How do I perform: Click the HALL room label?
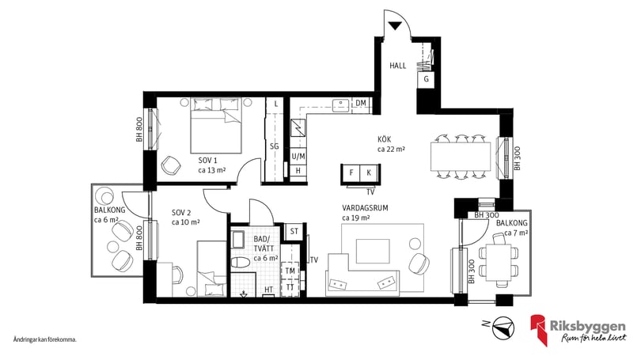click(x=397, y=66)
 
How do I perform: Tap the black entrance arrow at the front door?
click(x=395, y=26)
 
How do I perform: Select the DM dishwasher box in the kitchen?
click(x=361, y=103)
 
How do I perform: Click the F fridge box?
click(x=351, y=172)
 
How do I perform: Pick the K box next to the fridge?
click(x=369, y=172)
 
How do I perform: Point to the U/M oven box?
click(x=298, y=156)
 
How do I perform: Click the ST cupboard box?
click(x=294, y=232)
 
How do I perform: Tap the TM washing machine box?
click(x=290, y=271)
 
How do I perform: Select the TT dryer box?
click(x=290, y=287)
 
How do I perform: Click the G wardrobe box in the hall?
click(x=426, y=79)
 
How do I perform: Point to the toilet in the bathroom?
click(x=241, y=263)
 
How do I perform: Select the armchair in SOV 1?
click(x=171, y=165)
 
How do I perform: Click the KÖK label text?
click(x=385, y=140)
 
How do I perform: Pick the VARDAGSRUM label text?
click(x=365, y=208)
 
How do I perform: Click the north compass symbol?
click(x=503, y=328)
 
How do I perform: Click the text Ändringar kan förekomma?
click(x=45, y=339)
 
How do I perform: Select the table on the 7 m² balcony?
click(x=499, y=263)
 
